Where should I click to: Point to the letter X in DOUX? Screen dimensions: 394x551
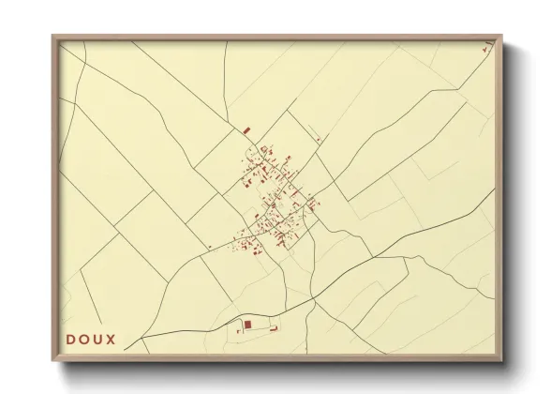112,339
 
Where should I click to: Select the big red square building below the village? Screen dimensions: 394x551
248,324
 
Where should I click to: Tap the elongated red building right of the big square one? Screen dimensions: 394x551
275,327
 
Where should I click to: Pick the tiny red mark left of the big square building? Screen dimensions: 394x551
239,330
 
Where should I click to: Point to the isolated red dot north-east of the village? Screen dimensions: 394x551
320,140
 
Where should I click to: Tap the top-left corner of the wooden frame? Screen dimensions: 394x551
53,37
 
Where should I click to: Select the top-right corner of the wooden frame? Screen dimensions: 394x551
501,37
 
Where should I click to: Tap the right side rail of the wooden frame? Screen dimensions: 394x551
501,197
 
